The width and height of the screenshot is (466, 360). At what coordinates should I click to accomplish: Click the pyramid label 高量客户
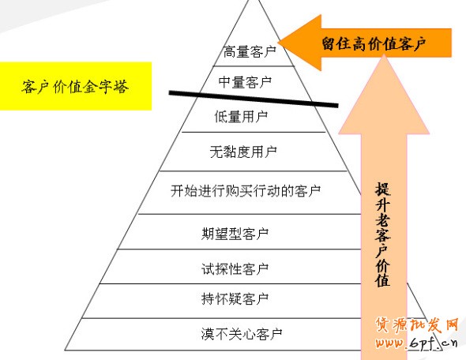click(250, 51)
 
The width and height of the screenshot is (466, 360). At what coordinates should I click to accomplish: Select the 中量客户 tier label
click(245, 82)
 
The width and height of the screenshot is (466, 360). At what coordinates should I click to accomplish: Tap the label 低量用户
click(241, 116)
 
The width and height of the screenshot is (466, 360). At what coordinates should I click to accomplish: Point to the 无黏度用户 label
click(243, 152)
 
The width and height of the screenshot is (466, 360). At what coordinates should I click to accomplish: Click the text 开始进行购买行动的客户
click(246, 191)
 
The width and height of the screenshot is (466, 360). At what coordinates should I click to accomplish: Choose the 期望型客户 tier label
click(235, 234)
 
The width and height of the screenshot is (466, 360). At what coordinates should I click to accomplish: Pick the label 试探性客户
click(235, 269)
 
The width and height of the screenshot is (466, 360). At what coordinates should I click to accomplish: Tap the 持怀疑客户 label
click(235, 298)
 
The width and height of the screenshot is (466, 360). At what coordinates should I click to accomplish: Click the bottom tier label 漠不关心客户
click(242, 334)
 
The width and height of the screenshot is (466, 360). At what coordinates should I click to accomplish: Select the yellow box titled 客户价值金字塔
click(76, 86)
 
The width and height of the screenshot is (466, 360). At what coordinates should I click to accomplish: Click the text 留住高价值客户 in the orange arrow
click(374, 43)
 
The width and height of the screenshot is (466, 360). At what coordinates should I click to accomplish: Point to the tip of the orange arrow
click(278, 42)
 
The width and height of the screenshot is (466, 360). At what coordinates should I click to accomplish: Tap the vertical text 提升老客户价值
click(383, 234)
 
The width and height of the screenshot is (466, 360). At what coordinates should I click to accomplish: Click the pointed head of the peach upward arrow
click(384, 56)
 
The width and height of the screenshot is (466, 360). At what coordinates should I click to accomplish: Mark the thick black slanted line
click(254, 99)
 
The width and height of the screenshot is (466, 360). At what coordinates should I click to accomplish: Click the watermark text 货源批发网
click(417, 325)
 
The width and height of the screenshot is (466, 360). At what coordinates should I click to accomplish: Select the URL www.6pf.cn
click(417, 343)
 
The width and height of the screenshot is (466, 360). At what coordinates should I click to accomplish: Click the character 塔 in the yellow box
click(121, 86)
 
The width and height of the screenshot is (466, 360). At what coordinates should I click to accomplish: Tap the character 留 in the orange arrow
click(329, 43)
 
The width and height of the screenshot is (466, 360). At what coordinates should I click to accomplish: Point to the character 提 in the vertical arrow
click(383, 189)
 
